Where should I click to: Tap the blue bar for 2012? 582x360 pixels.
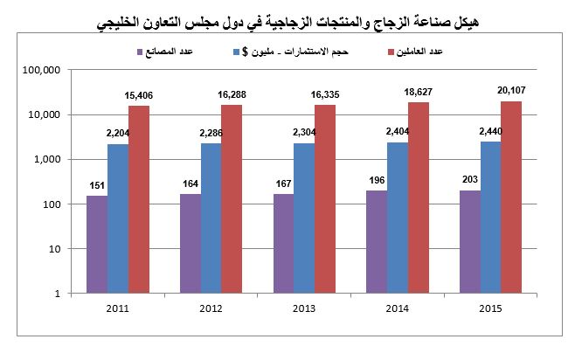coord(211,218)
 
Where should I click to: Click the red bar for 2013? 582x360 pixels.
coord(325,199)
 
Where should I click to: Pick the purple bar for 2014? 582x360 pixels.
coord(374,242)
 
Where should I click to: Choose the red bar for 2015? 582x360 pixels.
coord(511,197)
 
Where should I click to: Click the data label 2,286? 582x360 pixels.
coord(211,132)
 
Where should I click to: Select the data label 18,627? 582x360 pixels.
coord(418,91)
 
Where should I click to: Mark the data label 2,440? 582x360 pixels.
coord(489,131)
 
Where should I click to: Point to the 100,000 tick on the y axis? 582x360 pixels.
coord(41,70)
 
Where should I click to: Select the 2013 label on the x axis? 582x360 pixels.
coord(303,308)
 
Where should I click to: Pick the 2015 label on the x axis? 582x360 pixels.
coord(489,308)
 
